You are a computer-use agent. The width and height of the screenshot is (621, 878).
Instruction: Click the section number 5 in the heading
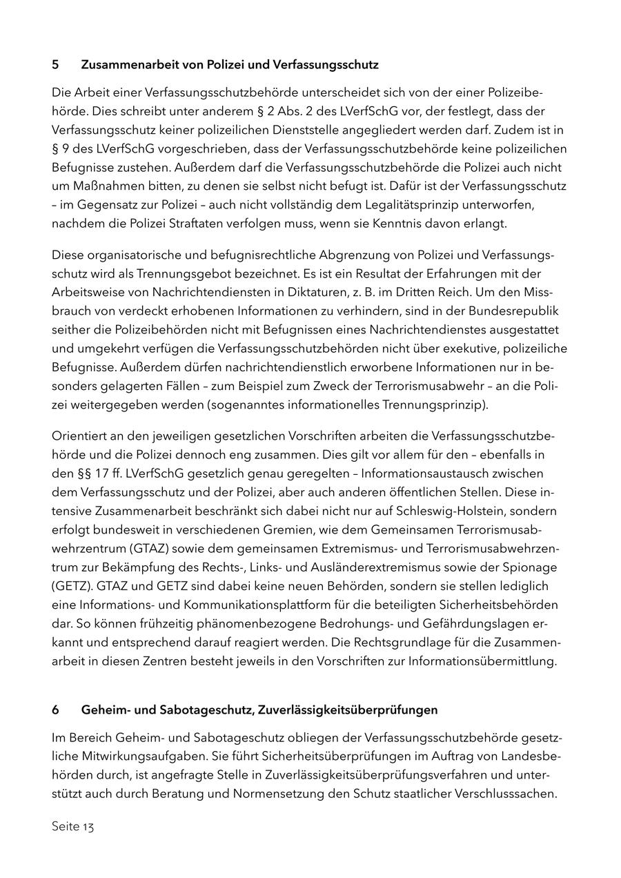tap(55, 65)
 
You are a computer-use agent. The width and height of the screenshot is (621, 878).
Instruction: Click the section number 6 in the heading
tap(55, 710)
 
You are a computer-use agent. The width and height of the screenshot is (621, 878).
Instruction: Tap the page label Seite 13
tap(72, 826)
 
